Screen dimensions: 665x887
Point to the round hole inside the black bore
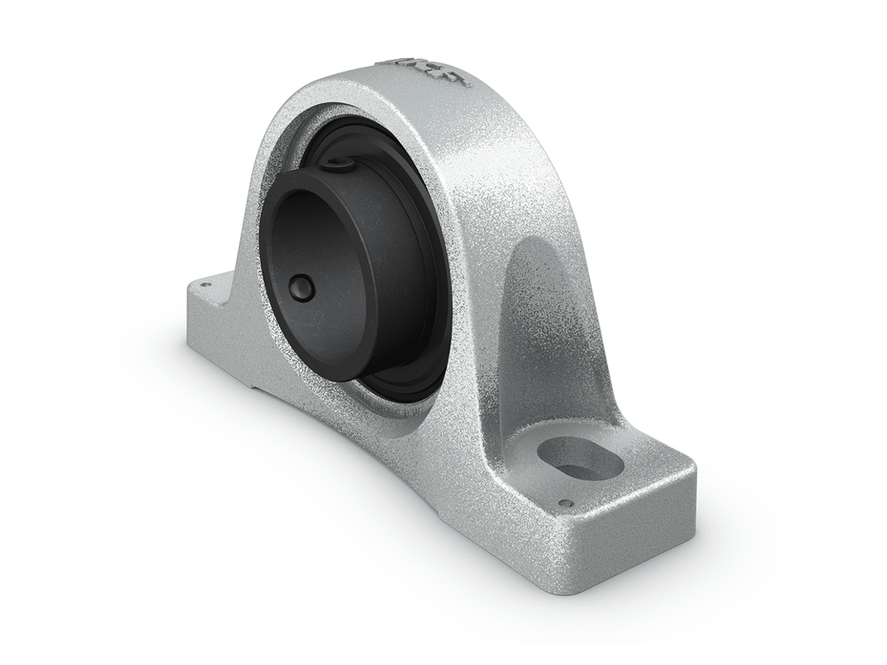[x=301, y=288]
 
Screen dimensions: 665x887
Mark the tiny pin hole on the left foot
[x=205, y=283]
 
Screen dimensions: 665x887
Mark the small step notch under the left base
[x=260, y=389]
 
